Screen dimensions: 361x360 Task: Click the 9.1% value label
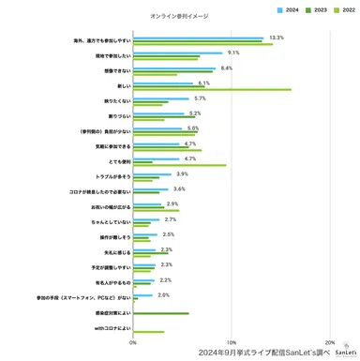[x=233, y=53]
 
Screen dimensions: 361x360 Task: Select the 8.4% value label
[x=226, y=68]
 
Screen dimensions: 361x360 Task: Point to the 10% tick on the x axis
[x=232, y=342]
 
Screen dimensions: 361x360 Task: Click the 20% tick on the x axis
[x=329, y=342]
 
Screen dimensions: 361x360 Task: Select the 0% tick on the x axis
[x=133, y=342]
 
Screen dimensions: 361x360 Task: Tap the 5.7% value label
[x=200, y=98]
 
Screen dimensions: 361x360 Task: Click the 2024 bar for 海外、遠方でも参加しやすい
[x=199, y=38]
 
